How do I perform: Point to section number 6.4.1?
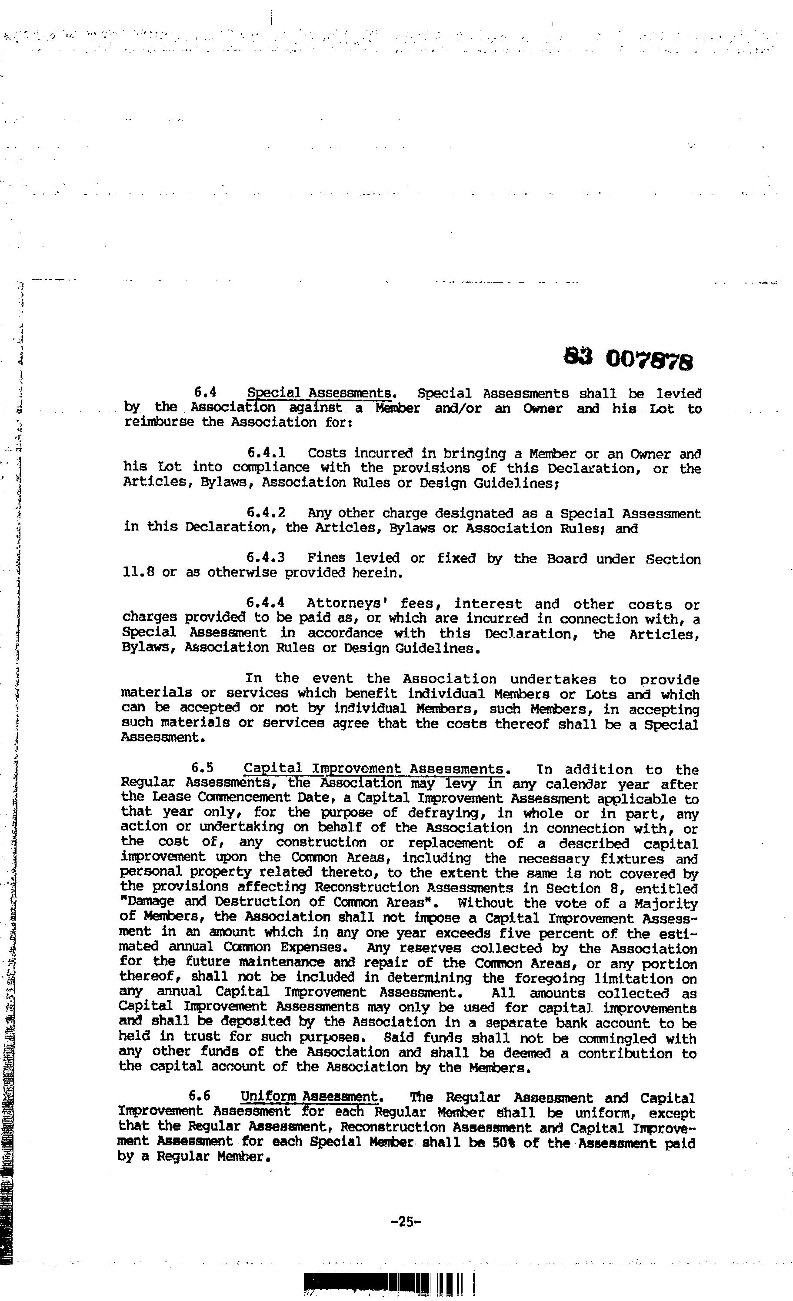pos(266,453)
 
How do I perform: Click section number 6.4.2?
pos(266,513)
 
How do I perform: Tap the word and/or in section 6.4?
pos(458,408)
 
